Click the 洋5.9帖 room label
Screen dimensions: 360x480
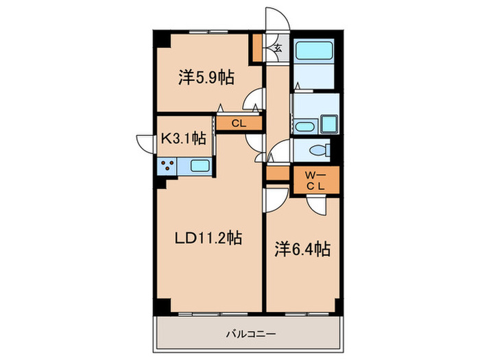point(206,77)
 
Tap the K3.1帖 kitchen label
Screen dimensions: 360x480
point(183,138)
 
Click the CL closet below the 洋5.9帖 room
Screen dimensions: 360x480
point(238,124)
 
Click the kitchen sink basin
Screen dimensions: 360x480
point(199,165)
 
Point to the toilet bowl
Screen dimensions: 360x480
point(317,150)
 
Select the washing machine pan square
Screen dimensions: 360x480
point(328,124)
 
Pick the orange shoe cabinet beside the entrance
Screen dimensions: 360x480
point(257,47)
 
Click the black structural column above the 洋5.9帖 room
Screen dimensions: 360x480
point(162,38)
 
